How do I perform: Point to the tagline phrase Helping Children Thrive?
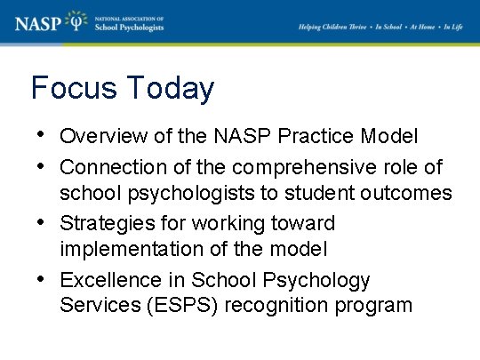[x=333, y=27]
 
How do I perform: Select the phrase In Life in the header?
[x=454, y=27]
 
